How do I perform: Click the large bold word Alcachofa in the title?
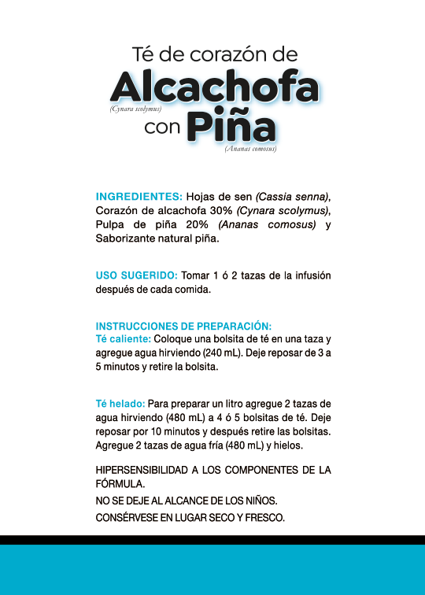tap(214, 87)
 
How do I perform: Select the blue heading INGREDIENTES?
tap(139, 196)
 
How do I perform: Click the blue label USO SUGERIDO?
tap(136, 275)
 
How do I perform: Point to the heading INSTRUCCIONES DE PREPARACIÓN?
tap(183, 326)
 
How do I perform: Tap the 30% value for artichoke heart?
tap(217, 211)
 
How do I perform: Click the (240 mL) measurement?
tap(228, 353)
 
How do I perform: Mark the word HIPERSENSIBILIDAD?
tap(142, 470)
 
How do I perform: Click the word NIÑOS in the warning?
tap(259, 501)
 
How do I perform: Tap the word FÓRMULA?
tap(120, 484)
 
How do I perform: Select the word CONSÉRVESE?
tap(128, 518)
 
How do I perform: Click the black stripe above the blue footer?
tap(213, 540)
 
